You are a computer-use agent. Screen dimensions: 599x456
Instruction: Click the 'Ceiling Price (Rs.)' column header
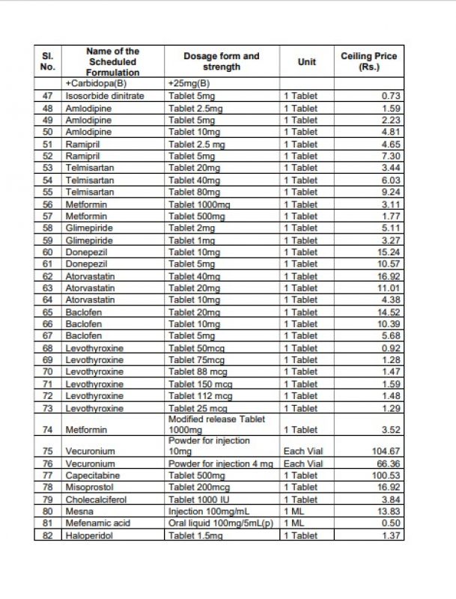(x=368, y=61)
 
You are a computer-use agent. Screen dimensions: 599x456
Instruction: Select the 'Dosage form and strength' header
(x=222, y=61)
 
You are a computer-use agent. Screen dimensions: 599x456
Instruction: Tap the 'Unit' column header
(x=306, y=61)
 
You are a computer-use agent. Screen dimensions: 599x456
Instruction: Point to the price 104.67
(x=385, y=451)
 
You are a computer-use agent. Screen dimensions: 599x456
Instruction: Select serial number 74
(x=48, y=430)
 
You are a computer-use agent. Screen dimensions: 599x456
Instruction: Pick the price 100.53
(x=385, y=475)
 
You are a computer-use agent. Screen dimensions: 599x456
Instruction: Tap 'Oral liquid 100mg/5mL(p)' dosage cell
(x=221, y=523)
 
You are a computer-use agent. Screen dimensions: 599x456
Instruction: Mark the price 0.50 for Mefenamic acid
(x=391, y=523)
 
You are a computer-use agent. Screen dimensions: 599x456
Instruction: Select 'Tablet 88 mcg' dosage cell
(x=198, y=371)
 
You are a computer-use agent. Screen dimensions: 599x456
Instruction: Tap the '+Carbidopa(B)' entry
(x=96, y=84)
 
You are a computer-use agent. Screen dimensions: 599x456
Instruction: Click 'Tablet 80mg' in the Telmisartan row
(x=195, y=192)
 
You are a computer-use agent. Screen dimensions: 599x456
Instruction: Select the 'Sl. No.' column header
(x=48, y=61)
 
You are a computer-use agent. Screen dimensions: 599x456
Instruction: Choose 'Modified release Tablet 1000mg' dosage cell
(x=217, y=425)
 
